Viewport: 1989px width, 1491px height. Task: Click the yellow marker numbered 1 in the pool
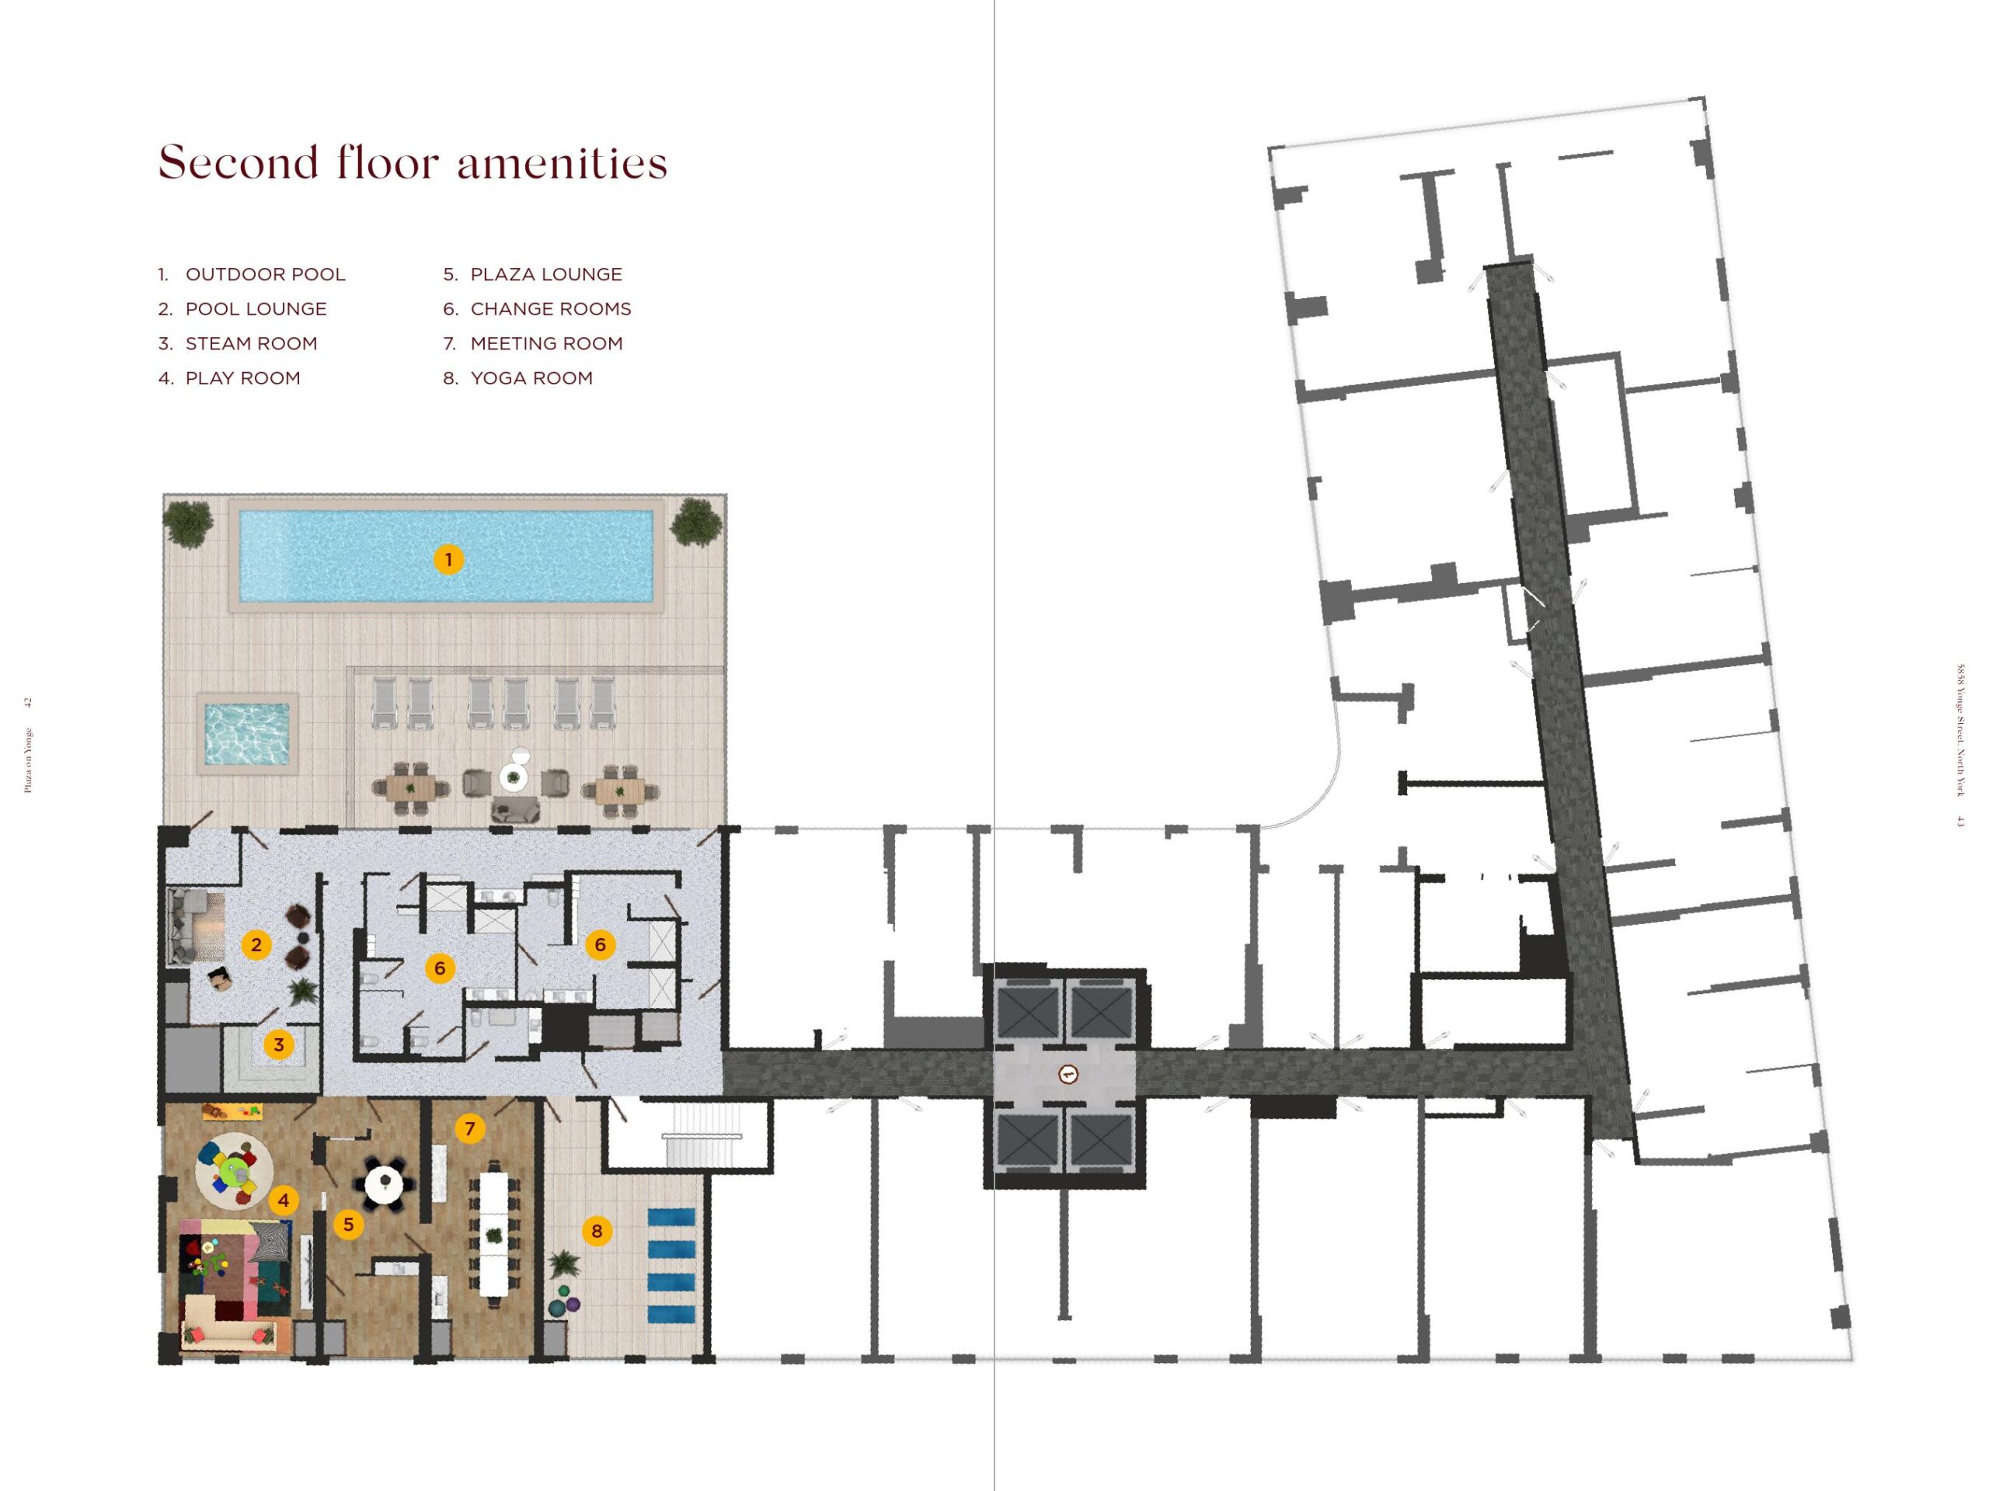448,560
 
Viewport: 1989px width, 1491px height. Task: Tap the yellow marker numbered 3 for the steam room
279,1044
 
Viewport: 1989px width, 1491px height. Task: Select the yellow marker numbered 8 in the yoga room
597,1232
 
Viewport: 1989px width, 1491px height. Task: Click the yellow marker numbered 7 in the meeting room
469,1129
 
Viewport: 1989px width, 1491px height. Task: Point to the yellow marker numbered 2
256,944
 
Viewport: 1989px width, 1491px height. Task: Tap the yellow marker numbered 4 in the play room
284,1200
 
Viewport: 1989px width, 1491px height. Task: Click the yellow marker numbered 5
348,1224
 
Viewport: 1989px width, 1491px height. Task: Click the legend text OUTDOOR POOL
265,274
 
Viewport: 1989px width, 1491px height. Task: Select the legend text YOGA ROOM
531,378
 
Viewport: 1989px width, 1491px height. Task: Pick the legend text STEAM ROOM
251,343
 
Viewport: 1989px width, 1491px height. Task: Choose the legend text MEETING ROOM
545,343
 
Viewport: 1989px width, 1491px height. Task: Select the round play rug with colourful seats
235,1171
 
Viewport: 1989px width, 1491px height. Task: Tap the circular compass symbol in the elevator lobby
1068,1073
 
